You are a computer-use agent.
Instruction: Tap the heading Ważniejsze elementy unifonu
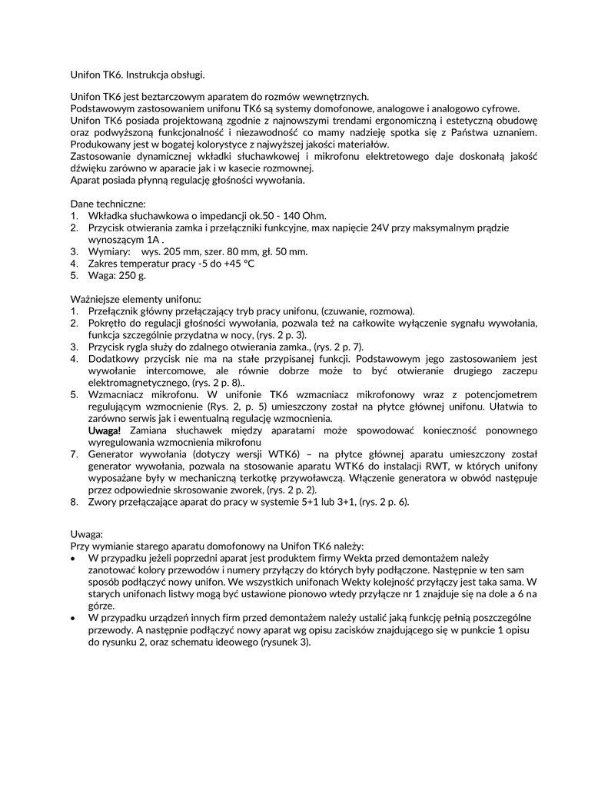136,298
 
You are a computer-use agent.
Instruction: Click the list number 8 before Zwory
74,503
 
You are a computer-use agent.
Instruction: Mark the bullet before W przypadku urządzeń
73,618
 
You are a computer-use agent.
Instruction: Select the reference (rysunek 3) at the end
286,642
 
